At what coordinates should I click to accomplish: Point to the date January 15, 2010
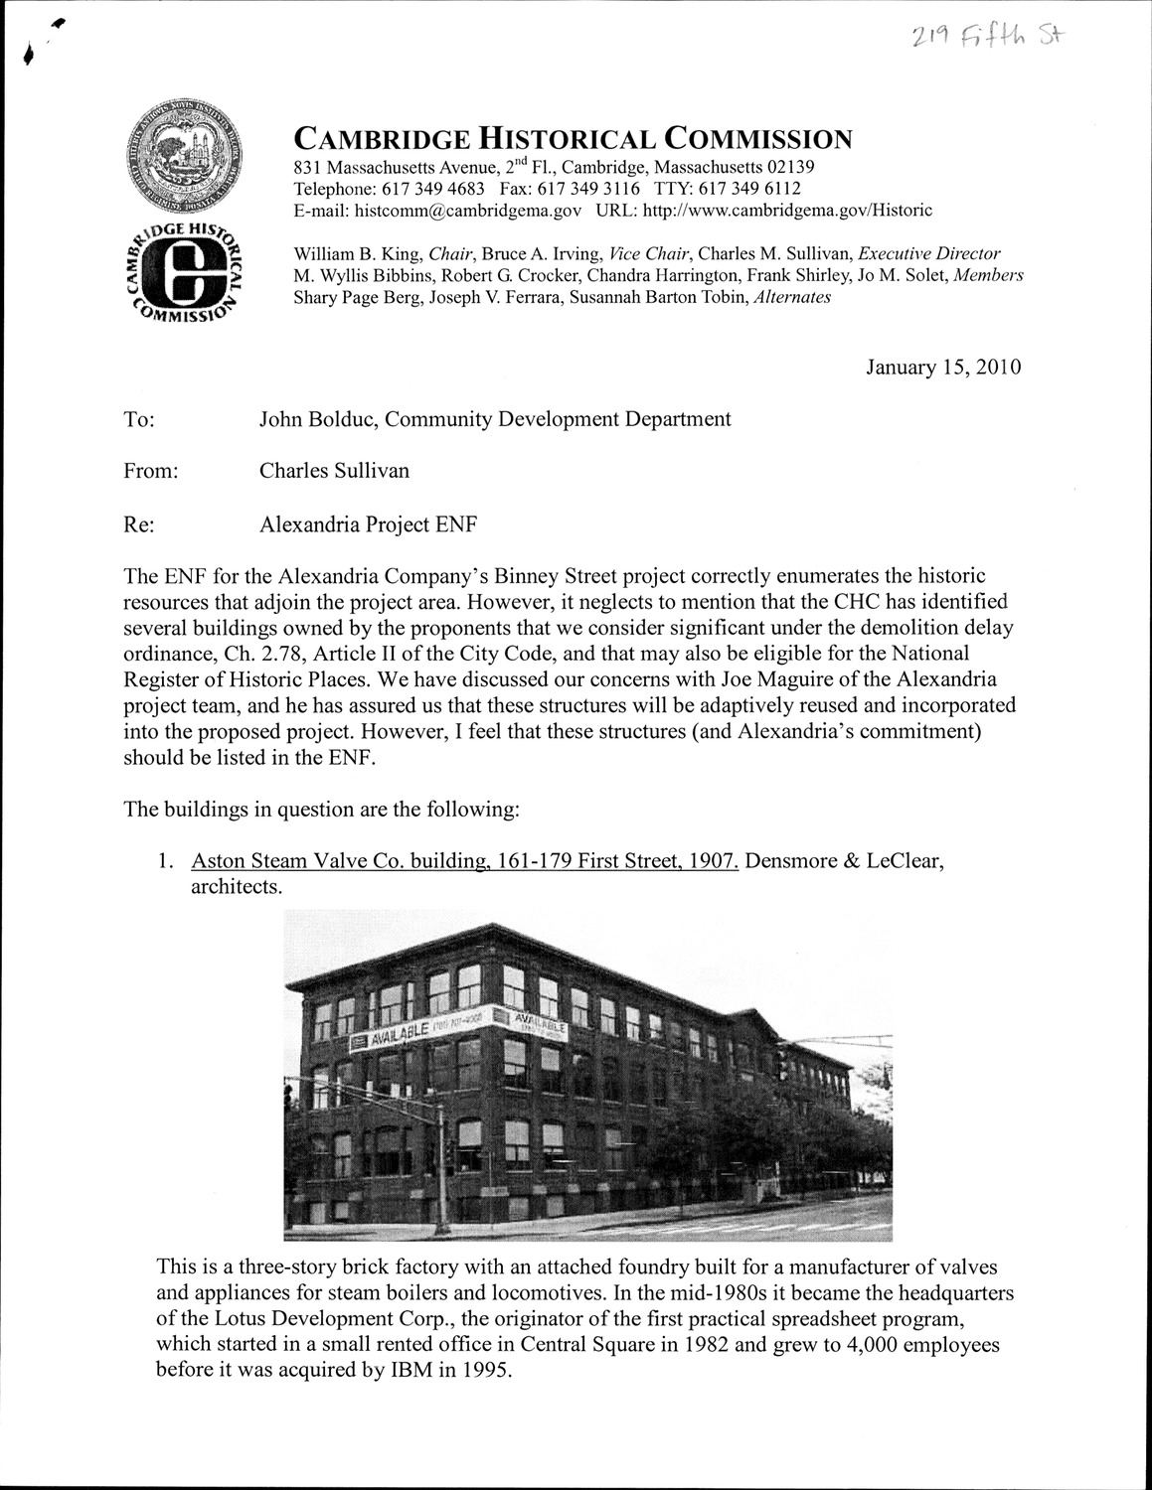[x=943, y=368]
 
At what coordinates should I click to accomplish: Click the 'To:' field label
[x=139, y=420]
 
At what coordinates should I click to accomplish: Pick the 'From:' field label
[x=150, y=472]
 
